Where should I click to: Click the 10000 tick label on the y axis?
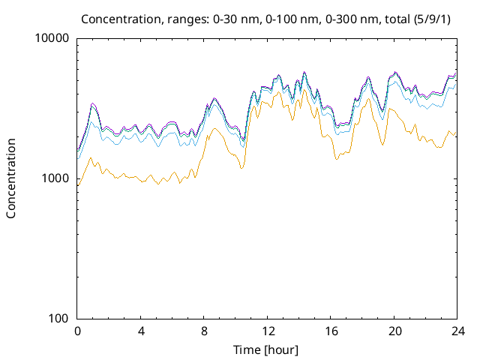(x=52, y=39)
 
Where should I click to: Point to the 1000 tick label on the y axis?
(x=55, y=178)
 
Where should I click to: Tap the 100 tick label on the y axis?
(x=58, y=319)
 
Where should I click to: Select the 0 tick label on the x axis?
(x=77, y=331)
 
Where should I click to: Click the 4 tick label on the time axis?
(x=141, y=331)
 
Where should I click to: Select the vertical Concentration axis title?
(x=11, y=178)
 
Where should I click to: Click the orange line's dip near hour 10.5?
(x=241, y=168)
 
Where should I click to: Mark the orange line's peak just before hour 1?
(x=91, y=157)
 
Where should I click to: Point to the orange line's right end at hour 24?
(x=455, y=133)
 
